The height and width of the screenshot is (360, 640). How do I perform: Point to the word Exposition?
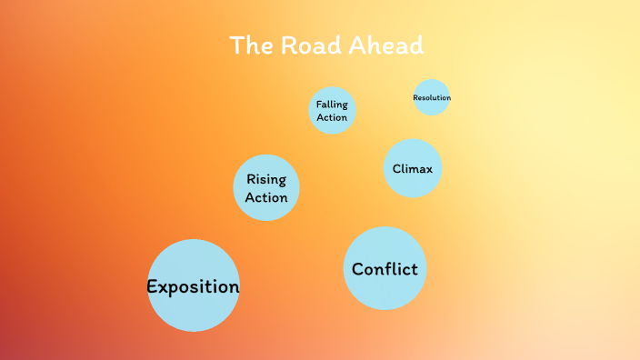[194, 287]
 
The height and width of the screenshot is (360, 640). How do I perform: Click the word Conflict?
[385, 269]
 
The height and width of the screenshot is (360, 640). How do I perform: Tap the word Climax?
[412, 168]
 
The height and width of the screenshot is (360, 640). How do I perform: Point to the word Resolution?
[432, 97]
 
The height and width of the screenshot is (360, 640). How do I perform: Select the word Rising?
[266, 180]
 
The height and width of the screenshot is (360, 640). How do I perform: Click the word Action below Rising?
[266, 197]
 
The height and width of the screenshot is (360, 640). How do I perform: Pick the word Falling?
[332, 105]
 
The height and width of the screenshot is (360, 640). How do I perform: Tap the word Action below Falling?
[332, 117]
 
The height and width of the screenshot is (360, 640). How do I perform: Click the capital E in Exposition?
[153, 287]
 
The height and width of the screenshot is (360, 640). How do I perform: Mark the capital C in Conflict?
[357, 269]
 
